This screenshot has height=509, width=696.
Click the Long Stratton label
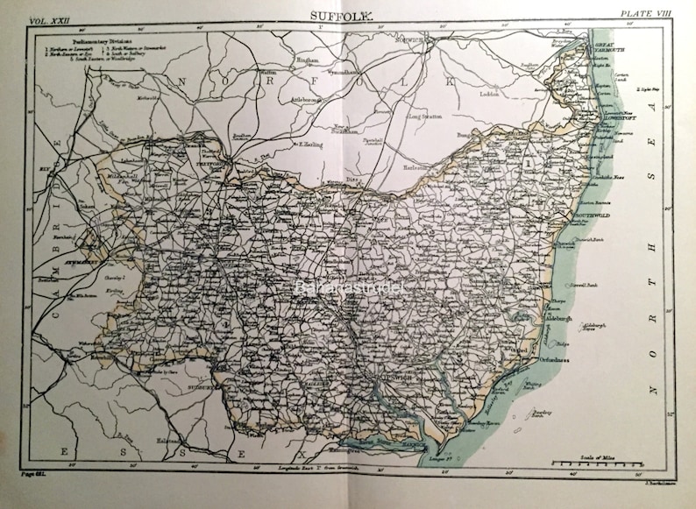tap(427, 115)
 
